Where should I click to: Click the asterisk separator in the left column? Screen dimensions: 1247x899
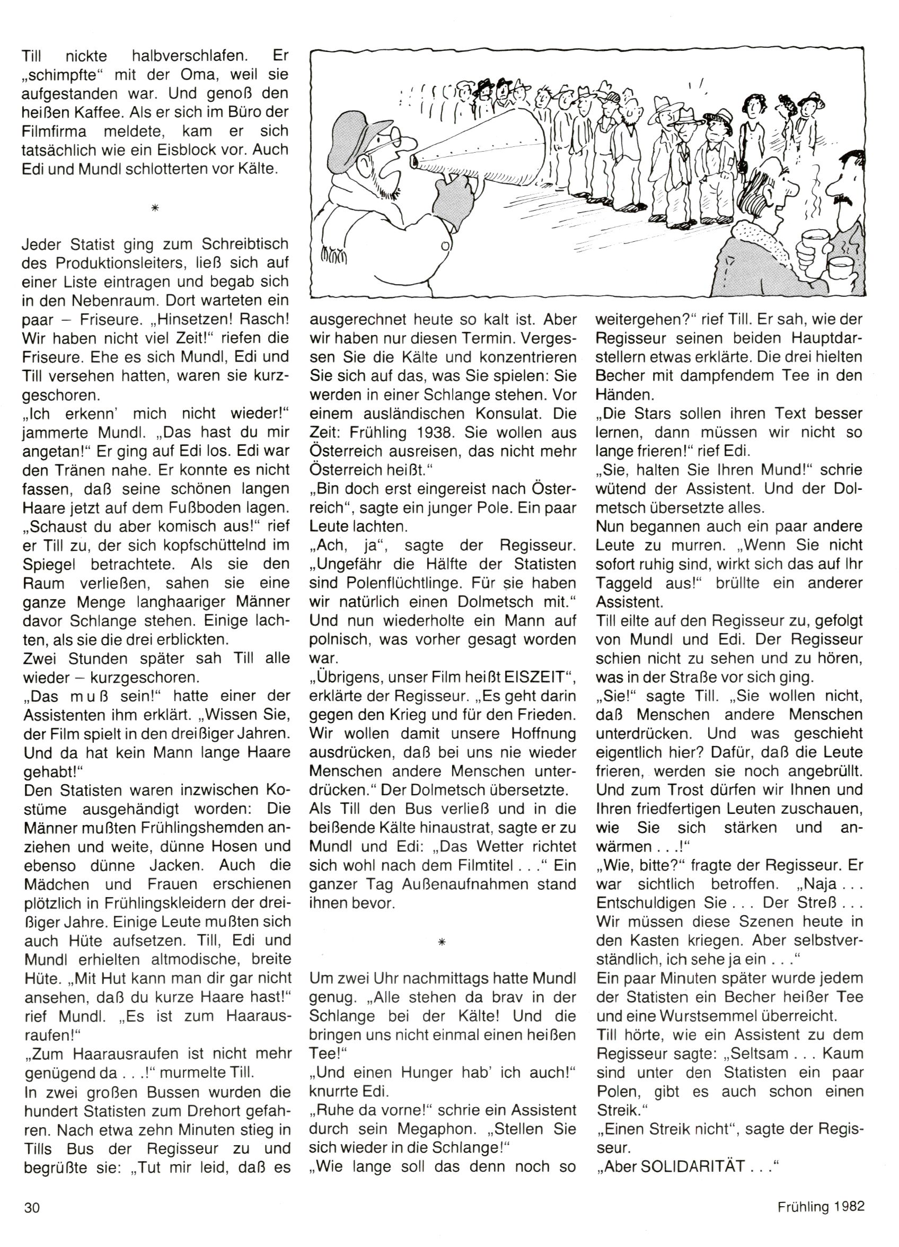pos(155,208)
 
